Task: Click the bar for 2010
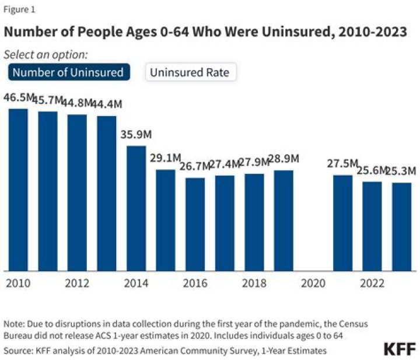click(18, 190)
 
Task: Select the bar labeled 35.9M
click(136, 208)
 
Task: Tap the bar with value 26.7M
click(195, 225)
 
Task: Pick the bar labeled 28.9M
click(283, 221)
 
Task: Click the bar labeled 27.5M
click(343, 223)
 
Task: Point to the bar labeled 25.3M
click(402, 227)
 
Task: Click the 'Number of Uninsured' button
click(69, 72)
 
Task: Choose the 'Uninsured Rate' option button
click(191, 72)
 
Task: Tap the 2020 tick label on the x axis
click(313, 283)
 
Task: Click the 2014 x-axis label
click(136, 283)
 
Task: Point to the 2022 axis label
click(372, 283)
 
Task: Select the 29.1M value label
click(165, 158)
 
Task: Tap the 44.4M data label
click(107, 104)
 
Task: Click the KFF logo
click(400, 349)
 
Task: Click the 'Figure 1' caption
click(19, 10)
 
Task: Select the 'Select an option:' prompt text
click(46, 55)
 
